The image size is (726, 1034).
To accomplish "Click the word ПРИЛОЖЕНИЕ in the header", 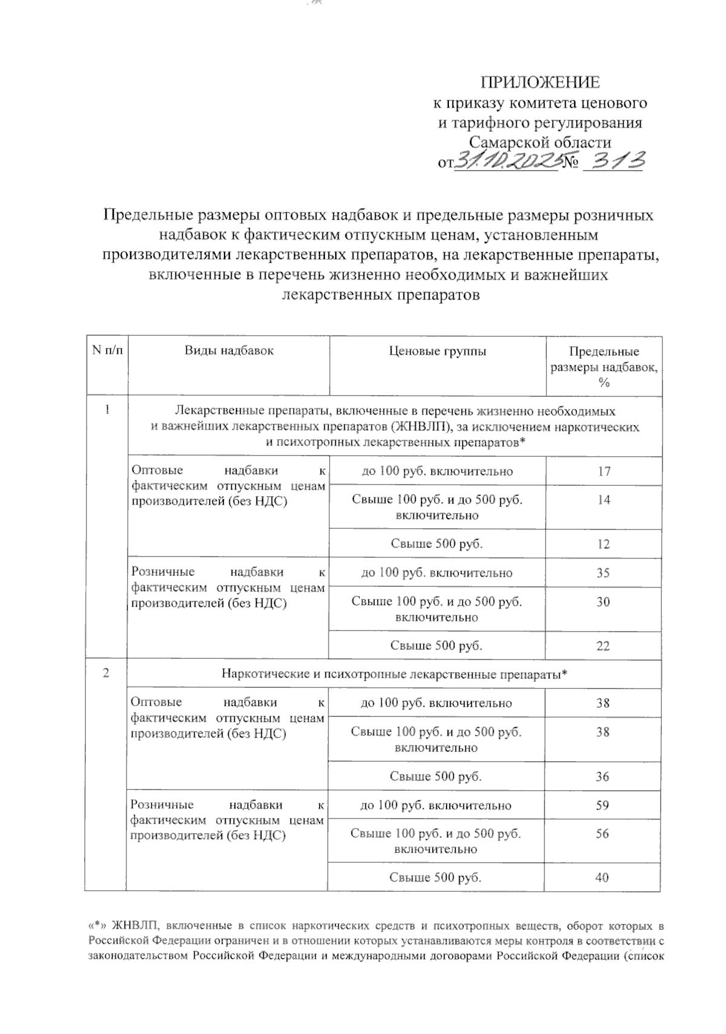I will [540, 82].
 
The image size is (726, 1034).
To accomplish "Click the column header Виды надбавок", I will [229, 350].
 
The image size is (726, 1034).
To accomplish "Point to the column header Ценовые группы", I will [437, 351].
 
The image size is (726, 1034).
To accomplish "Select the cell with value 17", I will [603, 471].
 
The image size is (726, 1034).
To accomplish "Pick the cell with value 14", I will [603, 500].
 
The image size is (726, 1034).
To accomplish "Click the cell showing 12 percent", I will [603, 544].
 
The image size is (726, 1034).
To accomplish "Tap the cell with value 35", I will [603, 573].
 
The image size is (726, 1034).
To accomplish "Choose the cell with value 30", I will [603, 602].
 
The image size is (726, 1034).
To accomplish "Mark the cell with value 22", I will [603, 646].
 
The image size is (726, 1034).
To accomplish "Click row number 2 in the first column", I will [106, 673].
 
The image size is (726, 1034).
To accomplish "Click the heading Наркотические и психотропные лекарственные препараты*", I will [394, 674].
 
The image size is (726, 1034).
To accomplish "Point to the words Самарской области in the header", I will [540, 143].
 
